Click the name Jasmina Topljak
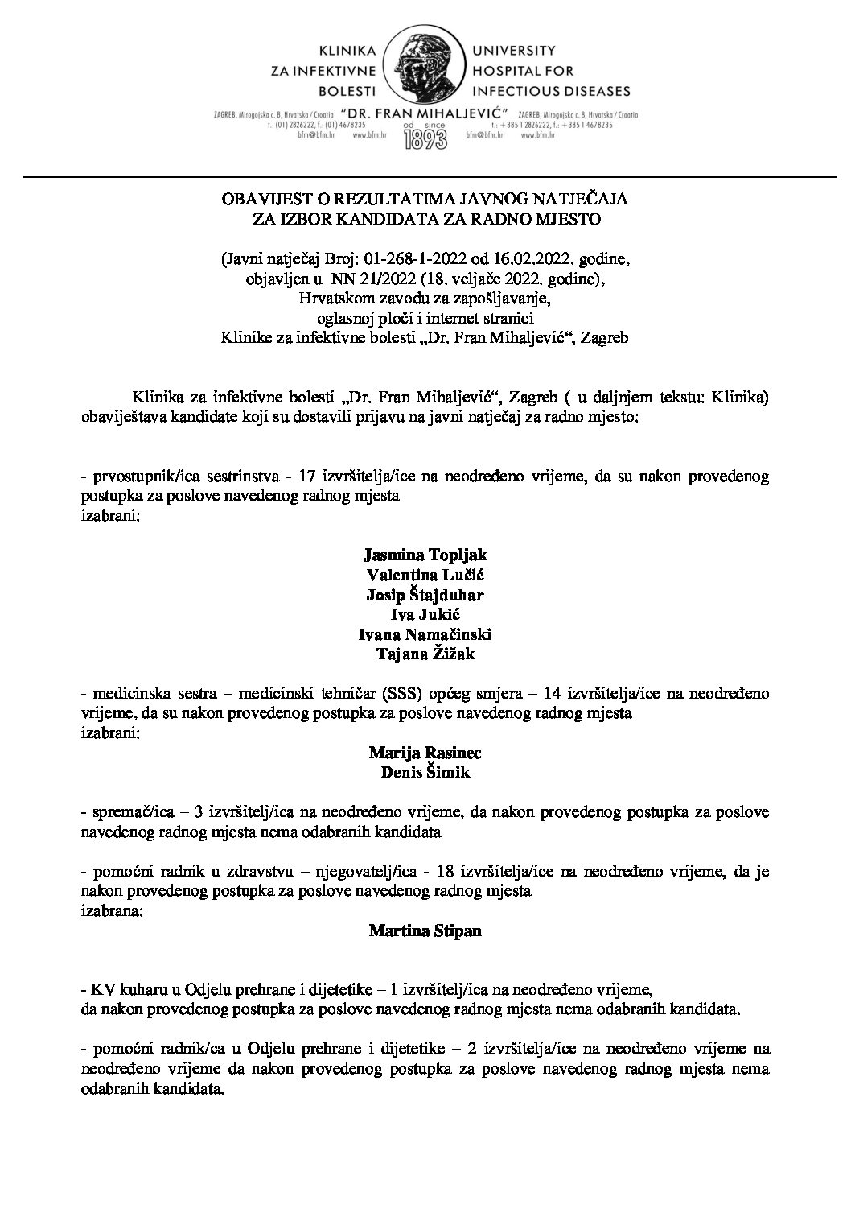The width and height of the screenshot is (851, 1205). point(425,555)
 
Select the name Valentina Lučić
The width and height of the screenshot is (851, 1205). point(425,575)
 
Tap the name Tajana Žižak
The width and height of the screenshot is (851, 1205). point(425,654)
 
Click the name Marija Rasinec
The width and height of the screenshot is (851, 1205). point(425,753)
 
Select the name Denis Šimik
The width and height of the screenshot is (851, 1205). point(425,773)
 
